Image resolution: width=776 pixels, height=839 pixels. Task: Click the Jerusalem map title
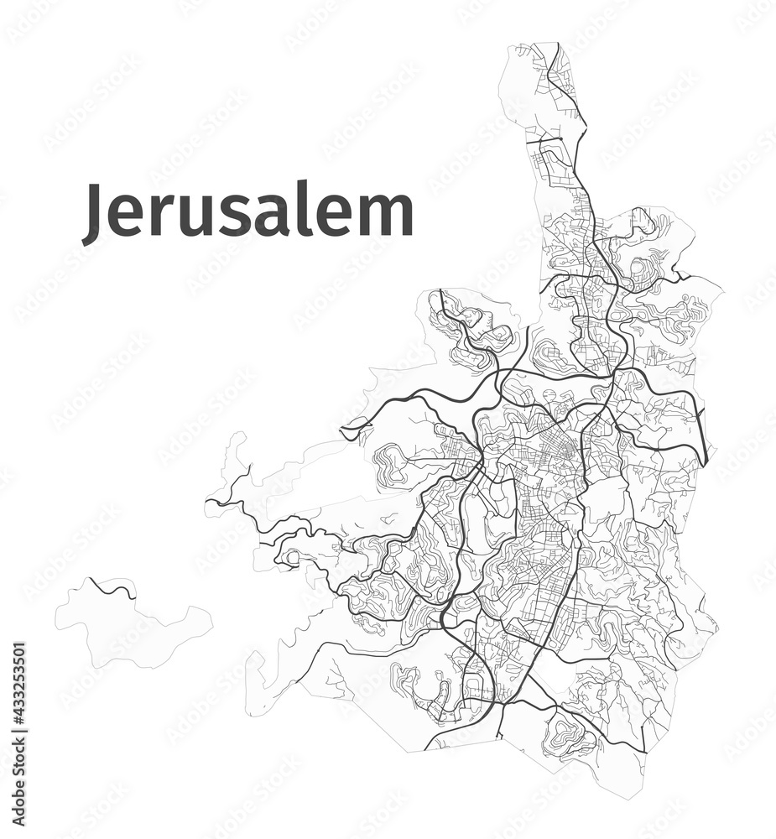click(x=247, y=213)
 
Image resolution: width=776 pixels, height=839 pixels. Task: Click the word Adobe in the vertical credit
click(x=19, y=789)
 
